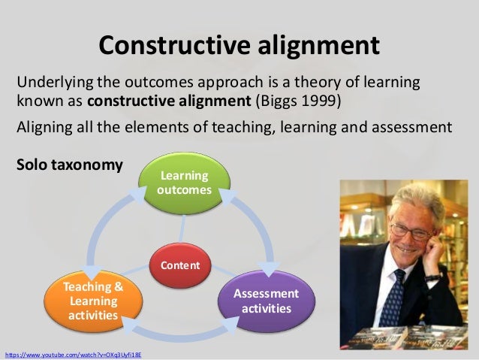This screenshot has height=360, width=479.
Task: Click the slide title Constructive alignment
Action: pyautogui.click(x=239, y=45)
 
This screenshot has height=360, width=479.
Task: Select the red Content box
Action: pyautogui.click(x=179, y=265)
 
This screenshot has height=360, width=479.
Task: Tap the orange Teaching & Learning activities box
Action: pyautogui.click(x=92, y=301)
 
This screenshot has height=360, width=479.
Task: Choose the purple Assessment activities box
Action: pyautogui.click(x=266, y=301)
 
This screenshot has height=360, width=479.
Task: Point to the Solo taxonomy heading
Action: pyautogui.click(x=70, y=164)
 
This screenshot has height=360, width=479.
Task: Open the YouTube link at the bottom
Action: pyautogui.click(x=72, y=352)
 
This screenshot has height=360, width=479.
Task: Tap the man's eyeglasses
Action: pyautogui.click(x=409, y=230)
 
